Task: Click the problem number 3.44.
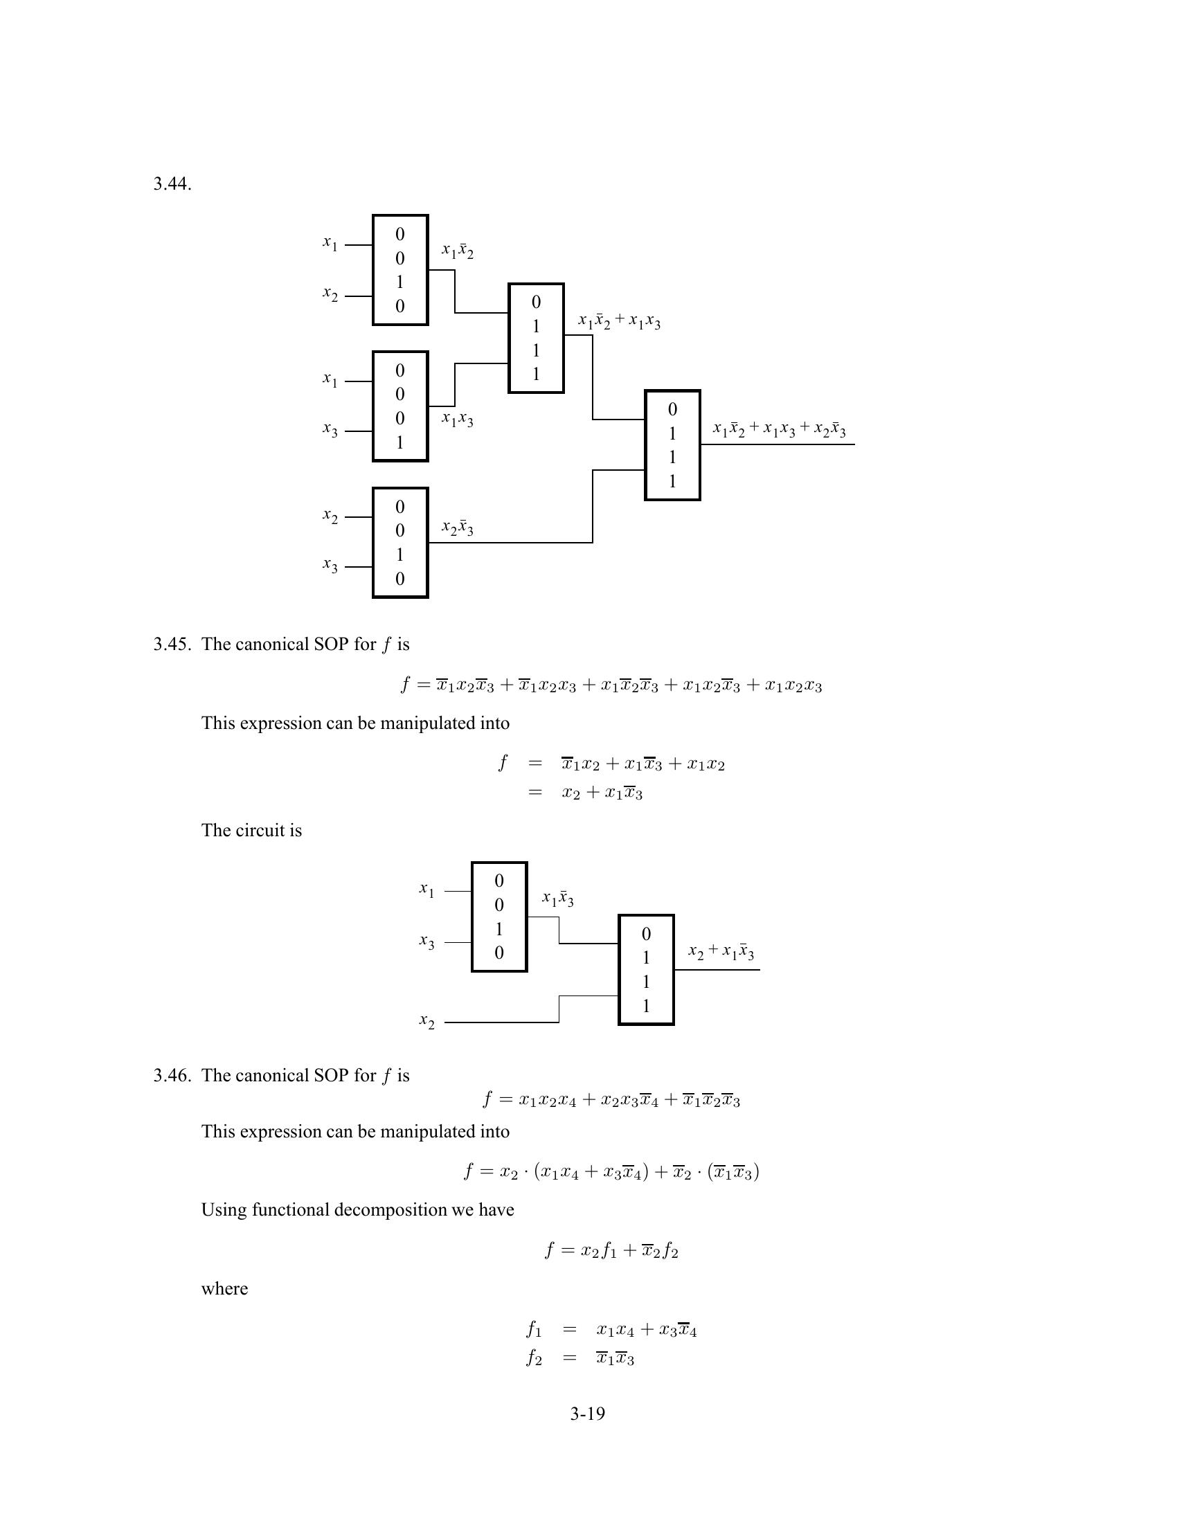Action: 172,184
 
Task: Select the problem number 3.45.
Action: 172,644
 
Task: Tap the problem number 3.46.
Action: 172,1075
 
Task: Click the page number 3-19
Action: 587,1414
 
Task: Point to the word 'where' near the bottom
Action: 224,1289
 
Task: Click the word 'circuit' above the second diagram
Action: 262,830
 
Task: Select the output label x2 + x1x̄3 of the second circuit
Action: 720,952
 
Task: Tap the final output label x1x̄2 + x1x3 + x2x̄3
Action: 779,430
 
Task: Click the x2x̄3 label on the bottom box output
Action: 458,528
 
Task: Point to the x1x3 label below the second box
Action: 458,420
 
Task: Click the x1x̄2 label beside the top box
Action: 458,251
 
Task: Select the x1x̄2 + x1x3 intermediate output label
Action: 619,321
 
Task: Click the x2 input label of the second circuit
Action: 426,1022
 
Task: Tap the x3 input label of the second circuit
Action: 426,943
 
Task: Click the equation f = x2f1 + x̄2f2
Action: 611,1250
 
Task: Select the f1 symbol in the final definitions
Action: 533,1330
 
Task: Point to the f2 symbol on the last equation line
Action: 533,1358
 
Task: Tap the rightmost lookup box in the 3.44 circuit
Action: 672,445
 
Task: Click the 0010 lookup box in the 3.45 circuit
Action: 499,917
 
